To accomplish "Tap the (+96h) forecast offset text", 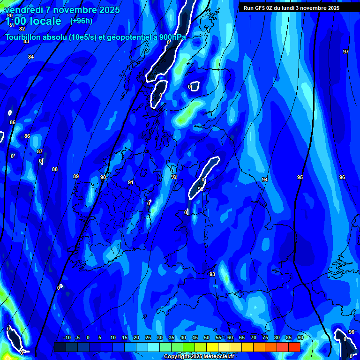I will click(82, 21).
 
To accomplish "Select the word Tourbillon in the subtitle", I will click(23, 37).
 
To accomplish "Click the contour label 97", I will click(346, 52).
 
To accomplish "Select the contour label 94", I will click(265, 180).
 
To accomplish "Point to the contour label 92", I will click(174, 177).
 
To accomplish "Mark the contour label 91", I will click(131, 182).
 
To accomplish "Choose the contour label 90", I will click(103, 177).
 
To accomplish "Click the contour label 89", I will click(76, 176).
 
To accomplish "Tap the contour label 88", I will click(55, 169).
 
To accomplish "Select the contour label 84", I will click(31, 57).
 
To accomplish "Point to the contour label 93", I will click(212, 274).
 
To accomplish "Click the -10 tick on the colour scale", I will click(67, 337).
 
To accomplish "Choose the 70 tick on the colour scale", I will click(254, 337).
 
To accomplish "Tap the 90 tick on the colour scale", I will click(300, 337).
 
